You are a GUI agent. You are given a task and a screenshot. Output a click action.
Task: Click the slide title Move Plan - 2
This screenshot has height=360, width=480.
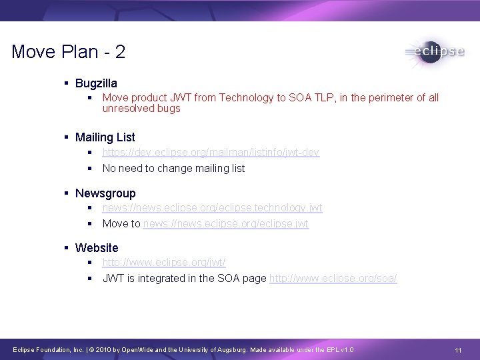pos(68,52)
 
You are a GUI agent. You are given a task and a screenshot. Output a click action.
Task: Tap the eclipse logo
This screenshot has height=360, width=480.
pos(434,51)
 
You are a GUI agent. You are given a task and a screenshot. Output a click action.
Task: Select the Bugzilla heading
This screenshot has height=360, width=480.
pos(96,83)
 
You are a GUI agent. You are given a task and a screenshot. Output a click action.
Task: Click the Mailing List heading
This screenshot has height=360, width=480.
pos(105,137)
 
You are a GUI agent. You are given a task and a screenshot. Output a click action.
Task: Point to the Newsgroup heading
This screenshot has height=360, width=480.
pos(105,193)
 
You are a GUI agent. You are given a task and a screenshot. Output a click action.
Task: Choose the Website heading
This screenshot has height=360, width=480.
pos(97,248)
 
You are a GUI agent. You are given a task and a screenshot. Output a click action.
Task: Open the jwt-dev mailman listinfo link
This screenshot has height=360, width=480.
pos(211,153)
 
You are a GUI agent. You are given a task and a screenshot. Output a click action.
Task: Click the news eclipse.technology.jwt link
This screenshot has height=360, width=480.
pos(212,208)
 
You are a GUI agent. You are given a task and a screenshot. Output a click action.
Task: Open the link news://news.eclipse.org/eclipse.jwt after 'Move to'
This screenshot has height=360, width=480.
pos(226,223)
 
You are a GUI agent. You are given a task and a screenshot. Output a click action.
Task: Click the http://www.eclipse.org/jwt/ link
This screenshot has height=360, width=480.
pos(164,263)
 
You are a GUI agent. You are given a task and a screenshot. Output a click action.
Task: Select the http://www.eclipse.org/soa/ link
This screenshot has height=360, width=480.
pos(333,278)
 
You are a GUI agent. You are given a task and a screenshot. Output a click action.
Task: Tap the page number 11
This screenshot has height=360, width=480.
pos(458,351)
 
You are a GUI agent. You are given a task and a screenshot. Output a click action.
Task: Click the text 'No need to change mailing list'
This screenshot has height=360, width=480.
pos(173,168)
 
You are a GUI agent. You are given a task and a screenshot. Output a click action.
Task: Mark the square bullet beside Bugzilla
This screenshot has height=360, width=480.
pos(67,83)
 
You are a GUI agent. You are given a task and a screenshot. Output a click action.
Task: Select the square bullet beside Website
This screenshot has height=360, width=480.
pos(67,248)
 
